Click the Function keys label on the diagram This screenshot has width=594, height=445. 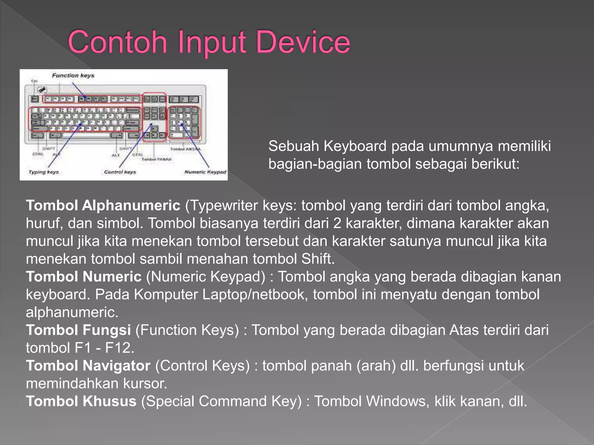point(73,76)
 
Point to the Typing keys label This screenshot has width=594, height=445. point(44,172)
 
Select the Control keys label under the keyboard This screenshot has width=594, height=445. point(120,172)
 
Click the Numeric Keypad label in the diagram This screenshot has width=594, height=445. point(205,172)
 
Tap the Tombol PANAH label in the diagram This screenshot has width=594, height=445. point(156,159)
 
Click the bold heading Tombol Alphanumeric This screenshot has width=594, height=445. point(103,205)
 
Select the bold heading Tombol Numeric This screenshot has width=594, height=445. point(84,276)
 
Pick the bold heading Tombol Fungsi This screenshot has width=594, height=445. point(78,330)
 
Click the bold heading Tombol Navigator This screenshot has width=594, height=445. point(88,366)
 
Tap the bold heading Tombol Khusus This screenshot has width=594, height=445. point(81,401)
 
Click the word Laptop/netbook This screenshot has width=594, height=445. point(255,294)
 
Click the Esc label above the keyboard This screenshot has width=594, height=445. point(35,81)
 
